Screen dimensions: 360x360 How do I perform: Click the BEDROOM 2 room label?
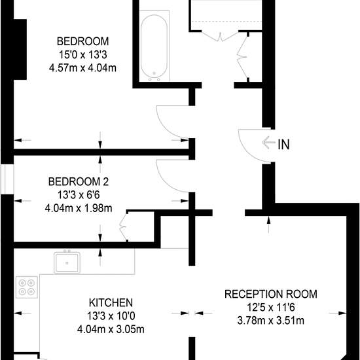click(79, 182)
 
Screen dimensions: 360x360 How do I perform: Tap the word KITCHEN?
click(111, 302)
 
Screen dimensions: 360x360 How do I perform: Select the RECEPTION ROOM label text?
click(271, 294)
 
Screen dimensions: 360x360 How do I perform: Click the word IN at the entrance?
click(284, 145)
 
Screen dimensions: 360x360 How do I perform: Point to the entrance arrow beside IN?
click(268, 143)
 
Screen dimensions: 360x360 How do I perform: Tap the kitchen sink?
click(67, 262)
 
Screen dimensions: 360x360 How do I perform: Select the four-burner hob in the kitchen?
click(27, 287)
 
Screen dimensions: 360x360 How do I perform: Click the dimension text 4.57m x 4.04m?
click(82, 68)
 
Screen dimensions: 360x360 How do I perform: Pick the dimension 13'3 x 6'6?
click(79, 195)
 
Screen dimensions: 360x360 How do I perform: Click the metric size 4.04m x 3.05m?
click(111, 329)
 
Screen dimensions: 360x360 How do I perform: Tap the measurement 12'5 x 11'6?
click(271, 308)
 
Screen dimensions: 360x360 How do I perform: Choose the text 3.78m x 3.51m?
click(271, 321)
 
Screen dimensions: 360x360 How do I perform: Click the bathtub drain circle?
click(154, 73)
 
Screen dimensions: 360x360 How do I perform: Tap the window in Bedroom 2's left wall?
click(7, 179)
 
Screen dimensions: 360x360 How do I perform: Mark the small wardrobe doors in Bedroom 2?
click(124, 227)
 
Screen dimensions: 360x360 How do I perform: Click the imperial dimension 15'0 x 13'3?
click(83, 55)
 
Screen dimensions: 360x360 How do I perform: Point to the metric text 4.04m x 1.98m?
click(79, 208)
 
